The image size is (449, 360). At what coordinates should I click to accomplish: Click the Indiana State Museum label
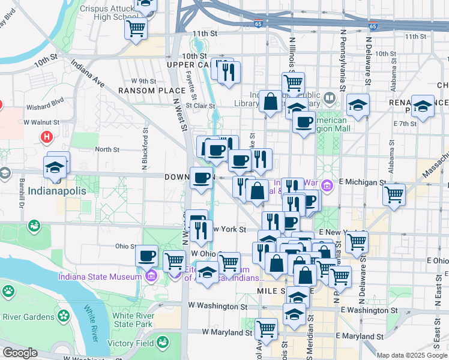click(x=99, y=276)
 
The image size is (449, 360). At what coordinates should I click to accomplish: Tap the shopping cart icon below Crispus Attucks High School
click(x=136, y=27)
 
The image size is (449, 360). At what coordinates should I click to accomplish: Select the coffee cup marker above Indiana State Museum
click(x=146, y=256)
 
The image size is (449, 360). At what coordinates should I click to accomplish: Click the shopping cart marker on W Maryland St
click(x=266, y=328)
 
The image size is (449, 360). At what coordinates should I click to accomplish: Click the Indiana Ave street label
click(x=88, y=73)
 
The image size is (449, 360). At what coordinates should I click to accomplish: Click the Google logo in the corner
click(x=20, y=353)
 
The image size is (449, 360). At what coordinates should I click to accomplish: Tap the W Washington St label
click(x=213, y=305)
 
